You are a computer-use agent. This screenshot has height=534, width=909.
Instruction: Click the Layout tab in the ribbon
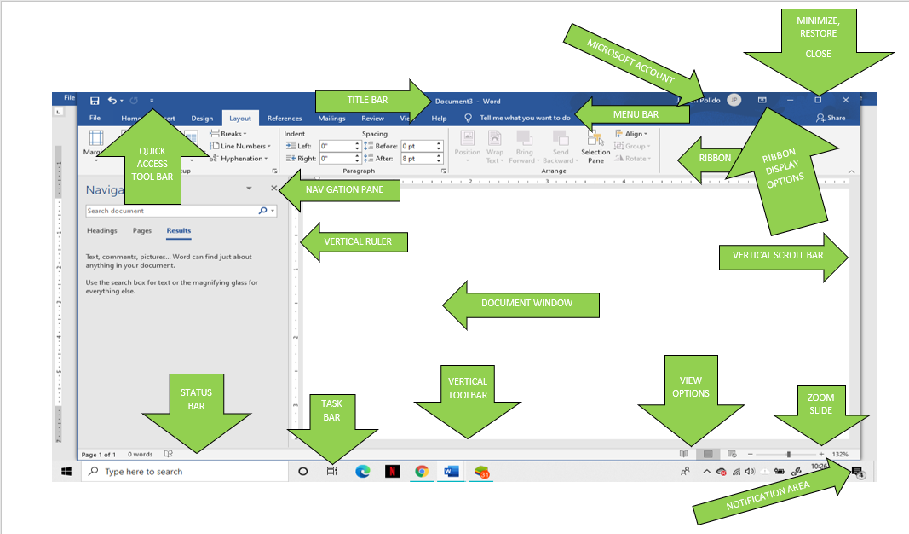240,119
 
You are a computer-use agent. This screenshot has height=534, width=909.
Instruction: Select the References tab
285,119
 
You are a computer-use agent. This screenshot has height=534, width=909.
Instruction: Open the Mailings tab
331,119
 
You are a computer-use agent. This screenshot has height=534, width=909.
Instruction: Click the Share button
831,119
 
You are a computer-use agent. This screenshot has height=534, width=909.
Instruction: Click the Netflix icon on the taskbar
392,471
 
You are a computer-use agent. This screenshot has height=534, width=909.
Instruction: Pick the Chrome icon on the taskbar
421,471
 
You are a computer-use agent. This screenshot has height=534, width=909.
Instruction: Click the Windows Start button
66,471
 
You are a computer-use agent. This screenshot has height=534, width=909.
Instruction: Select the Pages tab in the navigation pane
142,231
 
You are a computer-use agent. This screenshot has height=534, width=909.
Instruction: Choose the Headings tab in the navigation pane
102,231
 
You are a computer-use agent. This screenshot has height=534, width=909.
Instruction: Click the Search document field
170,211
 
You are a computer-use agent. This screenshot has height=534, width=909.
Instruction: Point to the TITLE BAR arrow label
368,100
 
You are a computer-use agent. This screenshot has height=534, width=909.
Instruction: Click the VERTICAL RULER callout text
358,241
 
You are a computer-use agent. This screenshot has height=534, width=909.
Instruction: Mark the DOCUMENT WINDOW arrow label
526,304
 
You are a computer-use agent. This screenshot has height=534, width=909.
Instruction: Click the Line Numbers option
243,146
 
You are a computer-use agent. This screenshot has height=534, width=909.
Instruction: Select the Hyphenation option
243,158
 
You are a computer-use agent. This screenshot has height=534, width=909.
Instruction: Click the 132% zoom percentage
840,455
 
